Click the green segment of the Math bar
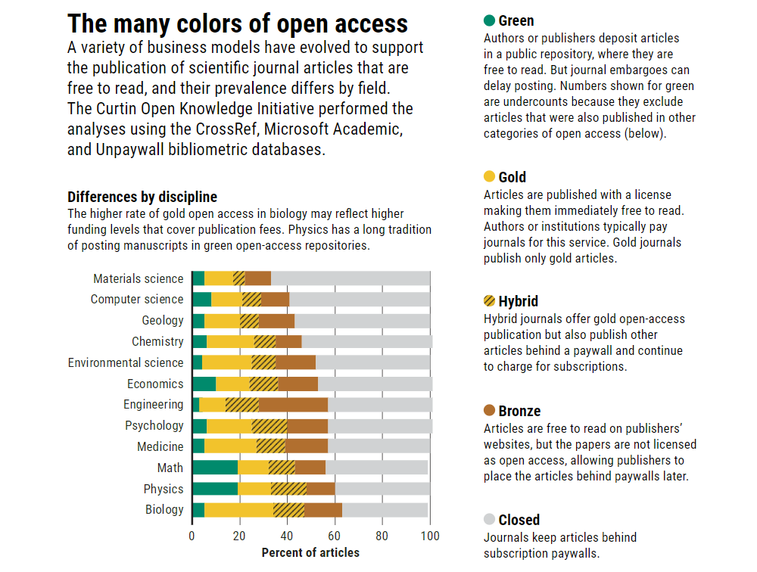[x=215, y=468]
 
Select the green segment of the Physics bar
[x=215, y=489]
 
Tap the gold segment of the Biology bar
[x=238, y=510]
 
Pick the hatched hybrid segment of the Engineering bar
[x=242, y=405]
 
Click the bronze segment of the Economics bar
[x=298, y=384]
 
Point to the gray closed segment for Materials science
[x=350, y=278]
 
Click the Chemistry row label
[x=157, y=341]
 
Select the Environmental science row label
[x=126, y=362]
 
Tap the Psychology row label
[x=154, y=425]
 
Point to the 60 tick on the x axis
[x=335, y=536]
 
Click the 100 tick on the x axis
[x=430, y=536]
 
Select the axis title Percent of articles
[x=310, y=552]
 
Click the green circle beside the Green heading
[x=489, y=20]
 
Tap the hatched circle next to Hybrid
[x=489, y=301]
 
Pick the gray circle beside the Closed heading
[x=489, y=520]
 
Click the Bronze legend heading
[x=519, y=411]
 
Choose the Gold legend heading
[x=512, y=177]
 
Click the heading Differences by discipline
[x=142, y=197]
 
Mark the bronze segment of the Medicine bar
[x=307, y=446]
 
